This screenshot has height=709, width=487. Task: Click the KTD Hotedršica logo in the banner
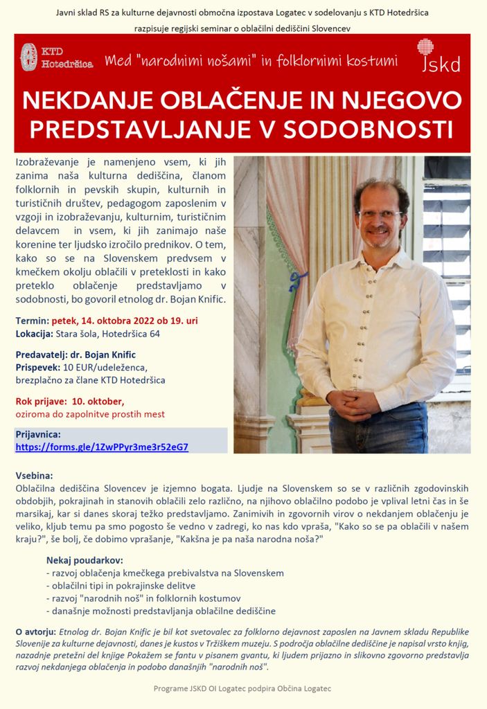pos(57,57)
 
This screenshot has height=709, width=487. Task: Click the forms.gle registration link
pos(102,447)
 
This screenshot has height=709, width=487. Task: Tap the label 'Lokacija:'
pos(34,334)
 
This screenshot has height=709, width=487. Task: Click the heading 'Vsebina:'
pos(34,477)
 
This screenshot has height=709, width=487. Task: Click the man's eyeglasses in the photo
pos(380,215)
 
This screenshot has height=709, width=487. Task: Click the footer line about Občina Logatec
pos(242,689)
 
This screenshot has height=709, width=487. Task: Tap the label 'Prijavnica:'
pos(38,434)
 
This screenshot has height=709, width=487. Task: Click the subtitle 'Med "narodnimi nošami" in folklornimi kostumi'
pos(251,61)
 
